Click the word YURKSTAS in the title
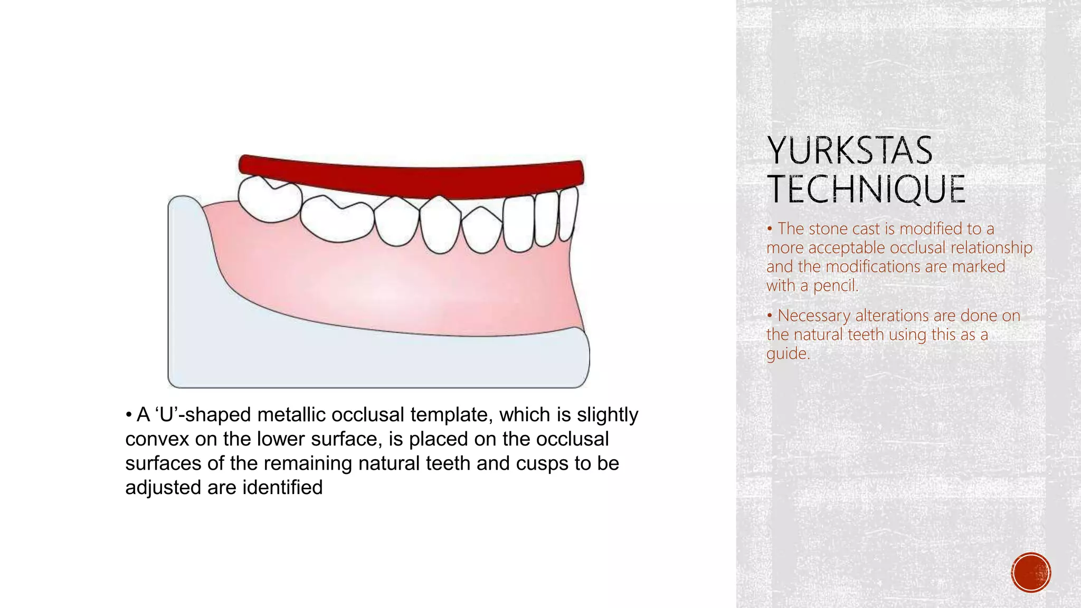850,151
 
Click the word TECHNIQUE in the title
866,189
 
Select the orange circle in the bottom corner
1031,573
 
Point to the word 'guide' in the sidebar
786,354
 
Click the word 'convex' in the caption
157,439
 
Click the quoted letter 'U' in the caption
166,415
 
